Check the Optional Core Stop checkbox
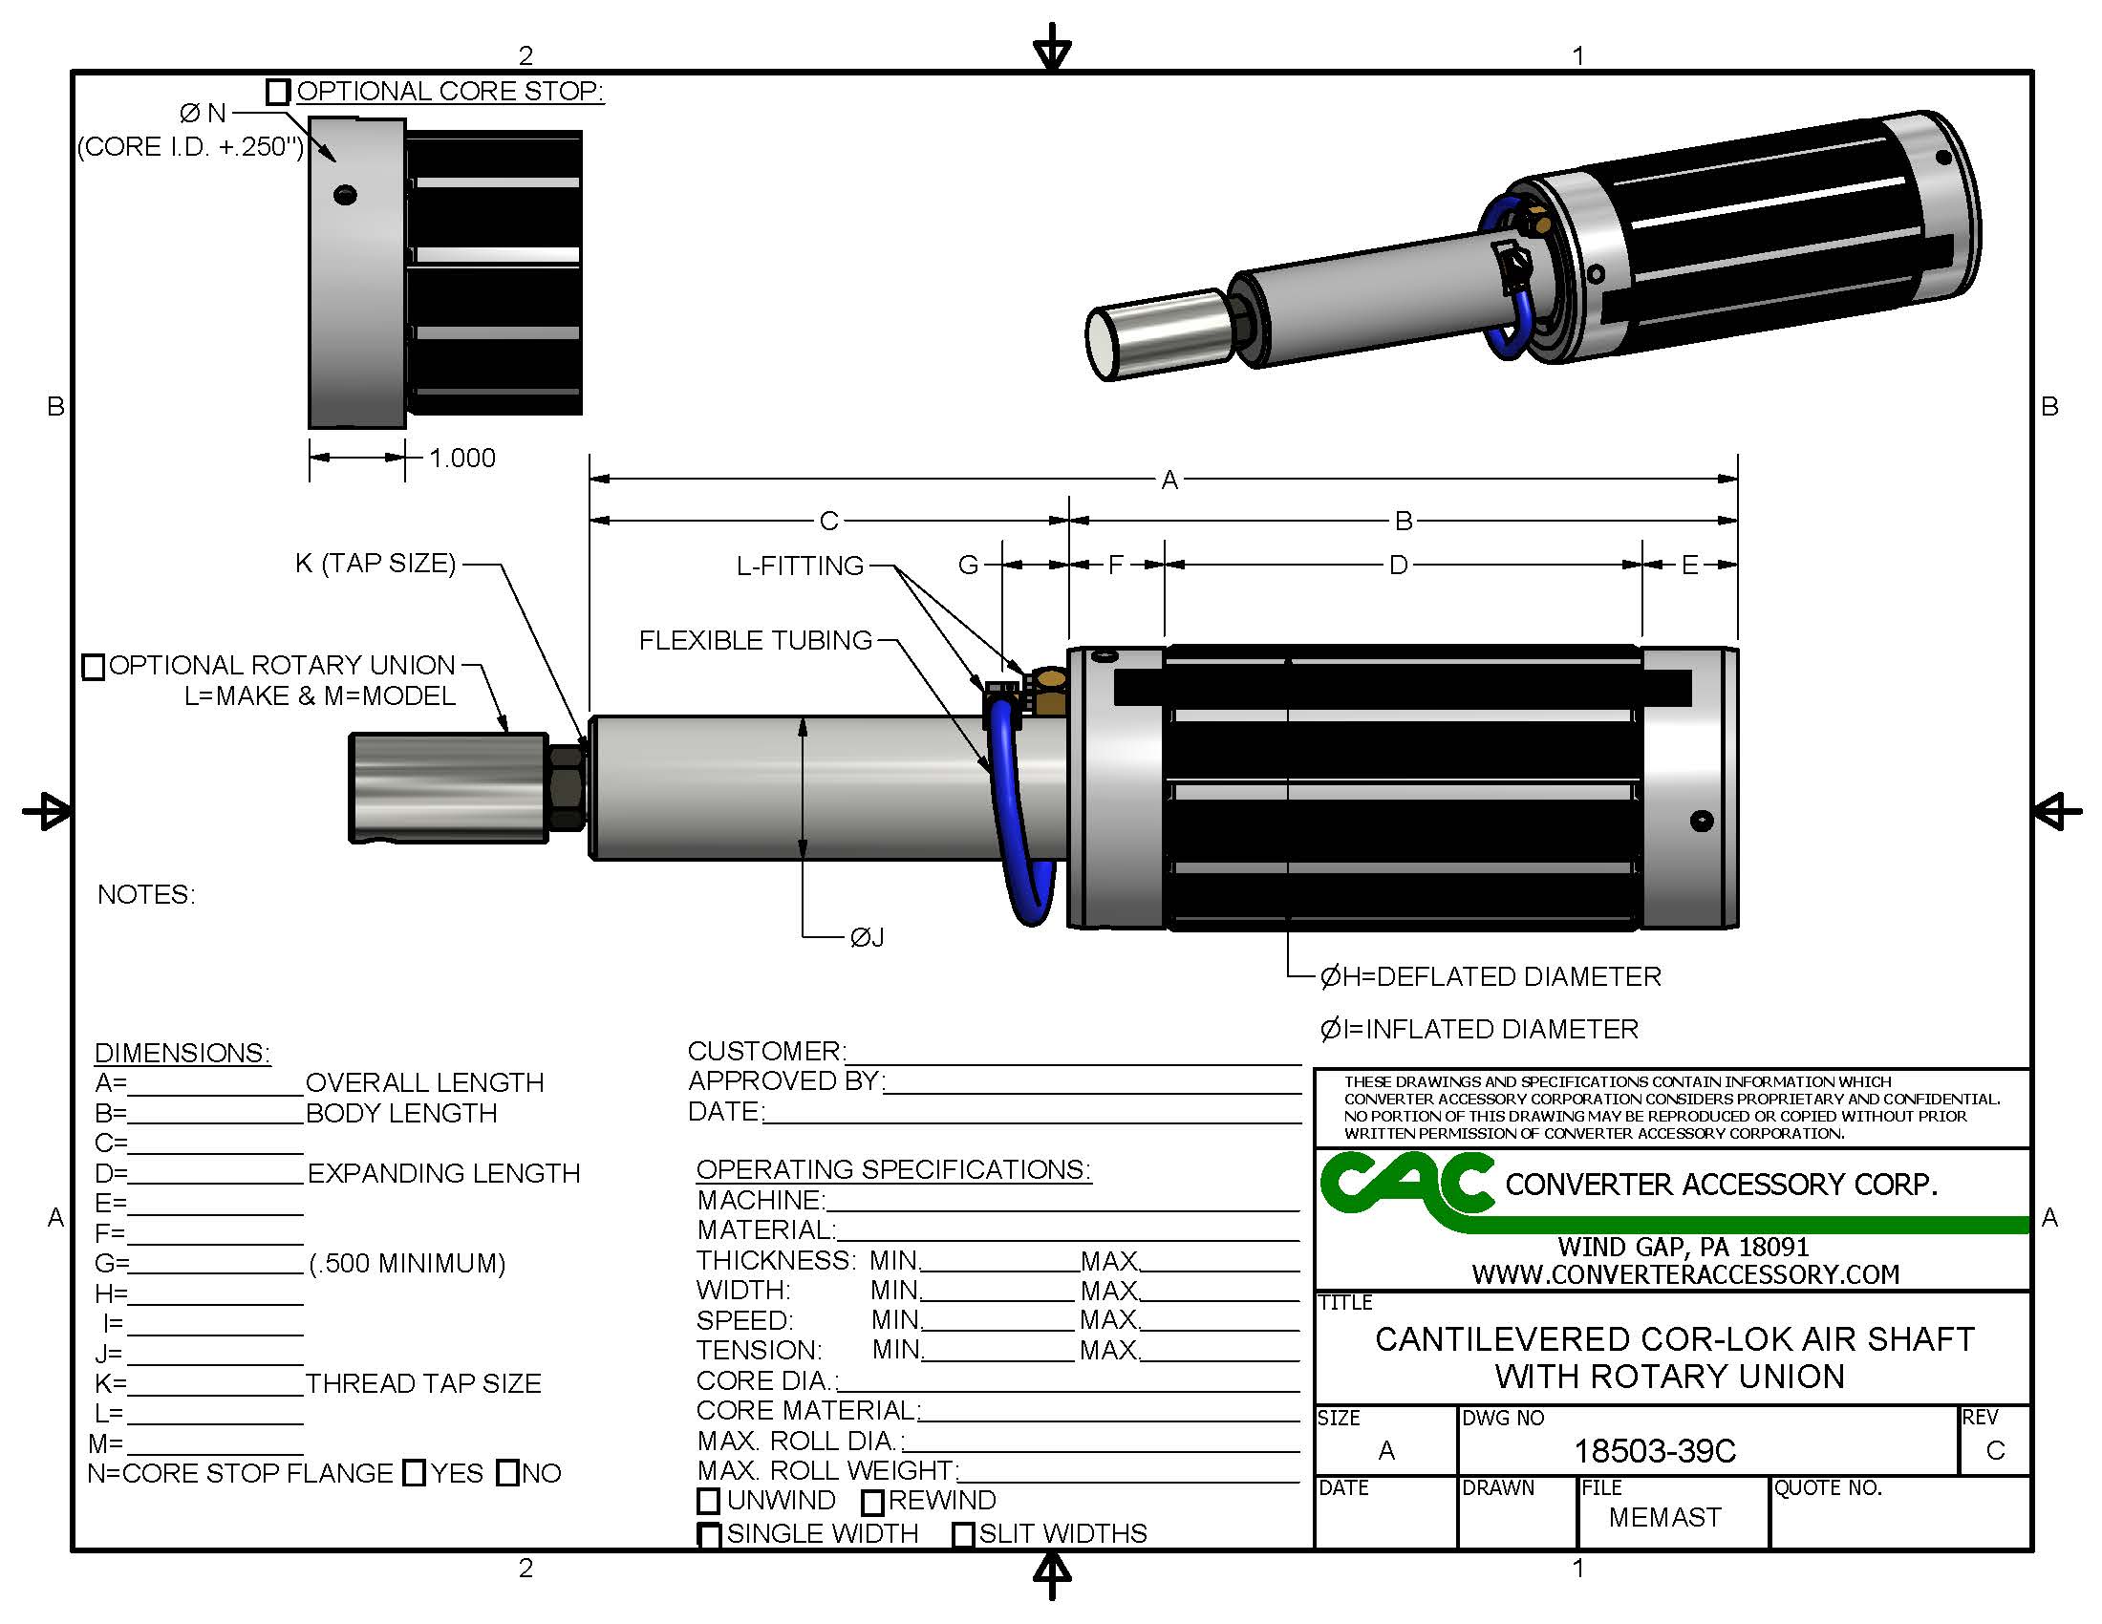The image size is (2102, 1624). pyautogui.click(x=277, y=92)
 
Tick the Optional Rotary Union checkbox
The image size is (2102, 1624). pyautogui.click(x=94, y=667)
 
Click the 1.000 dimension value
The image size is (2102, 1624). pyautogui.click(x=462, y=458)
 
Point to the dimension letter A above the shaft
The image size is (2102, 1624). pyautogui.click(x=1169, y=480)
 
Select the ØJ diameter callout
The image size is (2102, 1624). pyautogui.click(x=867, y=937)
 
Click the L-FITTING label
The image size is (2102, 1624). pyautogui.click(x=800, y=566)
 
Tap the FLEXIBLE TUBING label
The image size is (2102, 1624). pyautogui.click(x=755, y=641)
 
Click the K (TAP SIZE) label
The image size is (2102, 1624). pyautogui.click(x=375, y=563)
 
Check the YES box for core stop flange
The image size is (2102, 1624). pyautogui.click(x=414, y=1473)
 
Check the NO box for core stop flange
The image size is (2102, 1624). pyautogui.click(x=507, y=1473)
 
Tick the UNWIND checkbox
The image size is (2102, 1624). pyautogui.click(x=708, y=1501)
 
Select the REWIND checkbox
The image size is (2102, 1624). pyautogui.click(x=872, y=1502)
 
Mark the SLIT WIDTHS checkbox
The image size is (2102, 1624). pyautogui.click(x=962, y=1534)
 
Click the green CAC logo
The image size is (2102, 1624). pyautogui.click(x=1405, y=1186)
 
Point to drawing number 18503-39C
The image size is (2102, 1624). pyautogui.click(x=1655, y=1451)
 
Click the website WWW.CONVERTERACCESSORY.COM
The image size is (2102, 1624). pyautogui.click(x=1685, y=1274)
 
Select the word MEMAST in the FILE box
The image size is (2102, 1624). pyautogui.click(x=1664, y=1517)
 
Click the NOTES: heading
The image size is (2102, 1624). pyautogui.click(x=146, y=895)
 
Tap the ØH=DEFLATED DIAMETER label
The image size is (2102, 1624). pyautogui.click(x=1490, y=977)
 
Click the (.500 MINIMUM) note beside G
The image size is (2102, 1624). pyautogui.click(x=407, y=1263)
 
